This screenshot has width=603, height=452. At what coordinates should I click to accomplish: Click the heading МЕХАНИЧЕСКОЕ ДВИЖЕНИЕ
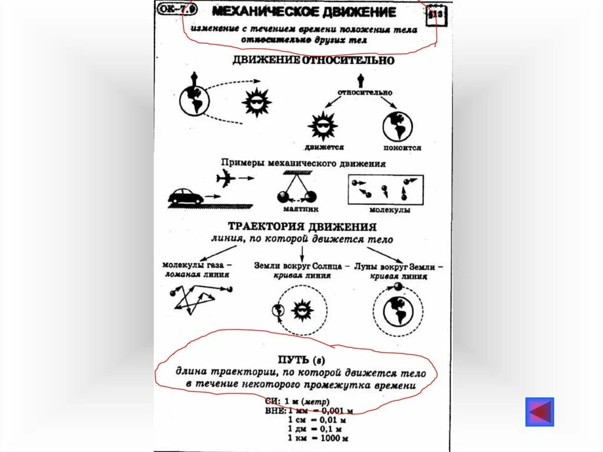(304, 12)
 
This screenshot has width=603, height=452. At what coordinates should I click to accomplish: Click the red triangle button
(540, 412)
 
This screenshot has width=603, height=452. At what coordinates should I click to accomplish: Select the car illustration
(186, 196)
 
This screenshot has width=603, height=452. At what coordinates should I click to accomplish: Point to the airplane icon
(226, 179)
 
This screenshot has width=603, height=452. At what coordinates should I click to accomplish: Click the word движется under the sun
(324, 147)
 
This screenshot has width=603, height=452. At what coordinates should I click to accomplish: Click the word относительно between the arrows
(365, 93)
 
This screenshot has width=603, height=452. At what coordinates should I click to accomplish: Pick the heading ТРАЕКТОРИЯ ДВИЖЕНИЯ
(302, 227)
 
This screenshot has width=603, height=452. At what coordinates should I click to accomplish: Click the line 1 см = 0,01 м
(316, 420)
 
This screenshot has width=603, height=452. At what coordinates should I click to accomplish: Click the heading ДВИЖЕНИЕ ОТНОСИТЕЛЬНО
(313, 60)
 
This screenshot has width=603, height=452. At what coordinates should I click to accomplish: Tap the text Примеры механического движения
(303, 163)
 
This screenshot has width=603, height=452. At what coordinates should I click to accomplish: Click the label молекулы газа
(197, 266)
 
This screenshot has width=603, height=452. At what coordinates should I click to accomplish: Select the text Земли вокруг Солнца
(298, 266)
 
